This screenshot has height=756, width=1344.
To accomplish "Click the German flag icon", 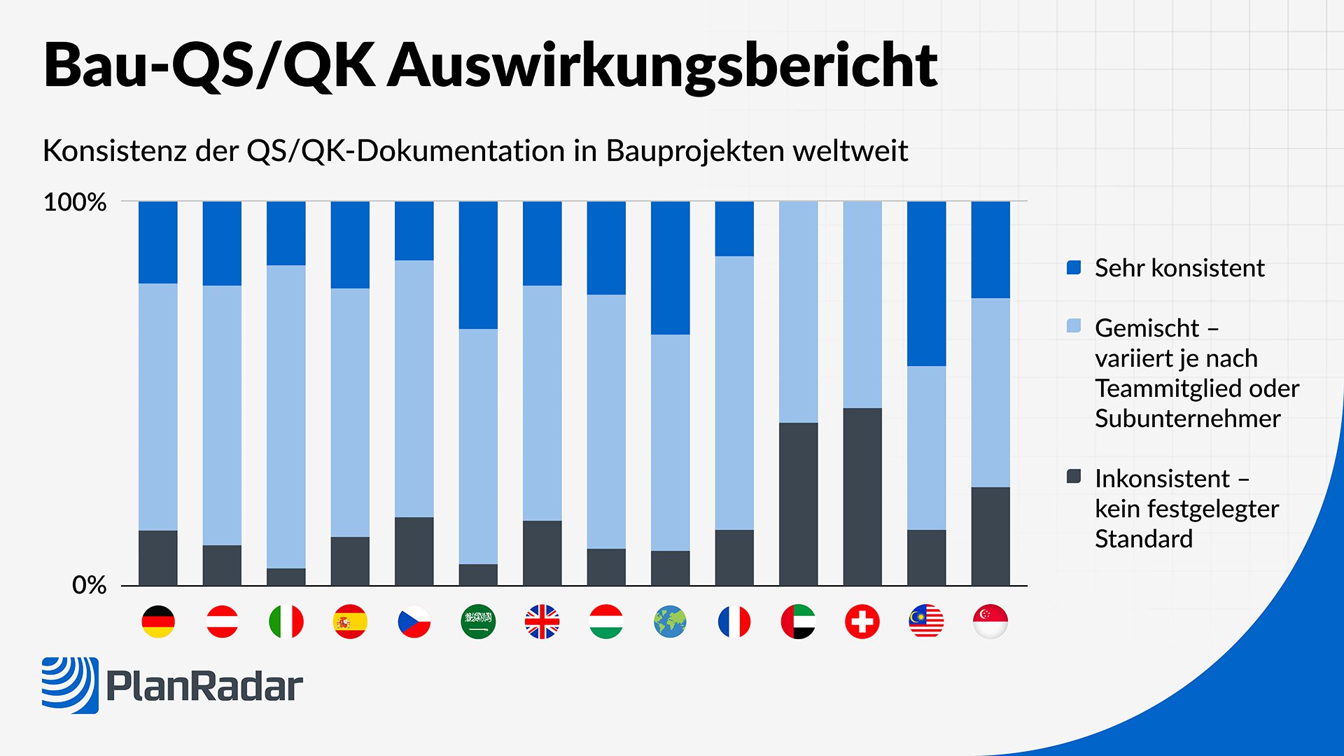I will (158, 622).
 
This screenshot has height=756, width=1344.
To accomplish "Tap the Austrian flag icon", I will (222, 622).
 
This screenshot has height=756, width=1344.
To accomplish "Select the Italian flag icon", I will (286, 622).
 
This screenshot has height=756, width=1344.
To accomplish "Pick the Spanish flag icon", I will (350, 622).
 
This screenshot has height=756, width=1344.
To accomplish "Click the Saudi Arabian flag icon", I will (478, 622).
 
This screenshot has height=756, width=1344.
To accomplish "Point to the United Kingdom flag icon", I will (542, 622).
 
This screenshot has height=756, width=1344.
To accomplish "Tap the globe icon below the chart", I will (671, 622).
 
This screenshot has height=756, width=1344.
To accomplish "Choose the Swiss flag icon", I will (862, 622).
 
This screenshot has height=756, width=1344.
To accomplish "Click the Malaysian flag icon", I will (926, 622).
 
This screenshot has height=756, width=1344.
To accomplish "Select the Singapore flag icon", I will (990, 622).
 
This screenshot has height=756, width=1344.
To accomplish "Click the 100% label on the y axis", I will (75, 202).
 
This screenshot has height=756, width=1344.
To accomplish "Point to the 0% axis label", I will (89, 585).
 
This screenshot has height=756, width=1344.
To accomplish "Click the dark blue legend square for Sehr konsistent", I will (1074, 267).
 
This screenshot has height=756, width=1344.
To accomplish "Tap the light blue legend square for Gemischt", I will (1074, 326).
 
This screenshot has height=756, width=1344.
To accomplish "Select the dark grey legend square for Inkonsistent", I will (1074, 477).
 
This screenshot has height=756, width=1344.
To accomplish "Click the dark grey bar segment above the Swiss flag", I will (862, 496).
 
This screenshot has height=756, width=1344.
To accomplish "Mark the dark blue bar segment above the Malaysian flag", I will (926, 283).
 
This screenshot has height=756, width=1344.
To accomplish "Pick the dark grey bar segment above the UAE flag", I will (798, 504).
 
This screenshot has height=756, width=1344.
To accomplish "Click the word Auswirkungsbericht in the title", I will (662, 65).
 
